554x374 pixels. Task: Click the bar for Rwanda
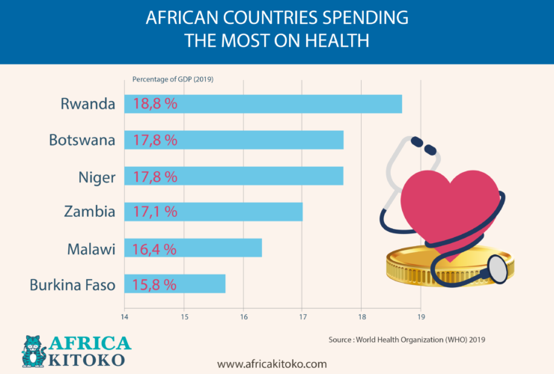(x=299, y=104)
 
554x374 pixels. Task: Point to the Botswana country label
(x=82, y=140)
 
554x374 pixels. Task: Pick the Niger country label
(x=97, y=176)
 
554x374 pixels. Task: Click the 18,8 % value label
(x=155, y=104)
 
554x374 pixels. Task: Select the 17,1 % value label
(x=155, y=212)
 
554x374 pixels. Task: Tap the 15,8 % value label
(x=155, y=284)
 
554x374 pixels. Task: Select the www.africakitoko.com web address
(x=272, y=364)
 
